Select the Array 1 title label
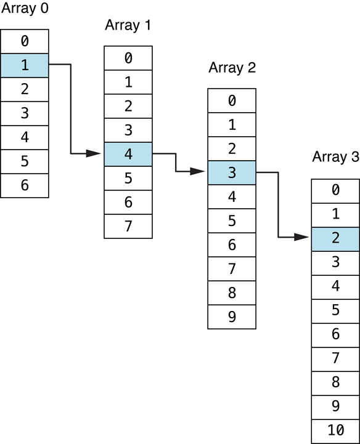point(128,25)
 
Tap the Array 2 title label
point(232,67)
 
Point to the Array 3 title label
point(335,156)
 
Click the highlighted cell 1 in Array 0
point(25,65)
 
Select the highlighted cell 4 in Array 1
point(128,154)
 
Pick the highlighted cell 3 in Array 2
point(232,172)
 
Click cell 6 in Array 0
point(25,185)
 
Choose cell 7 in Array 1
point(128,226)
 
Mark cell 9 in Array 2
point(232,317)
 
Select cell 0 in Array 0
point(25,41)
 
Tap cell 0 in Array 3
point(335,190)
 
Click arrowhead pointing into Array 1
point(94,153)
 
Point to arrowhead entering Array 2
point(198,172)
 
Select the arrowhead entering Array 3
point(301,237)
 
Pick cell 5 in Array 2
point(232,220)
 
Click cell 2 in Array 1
point(128,106)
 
